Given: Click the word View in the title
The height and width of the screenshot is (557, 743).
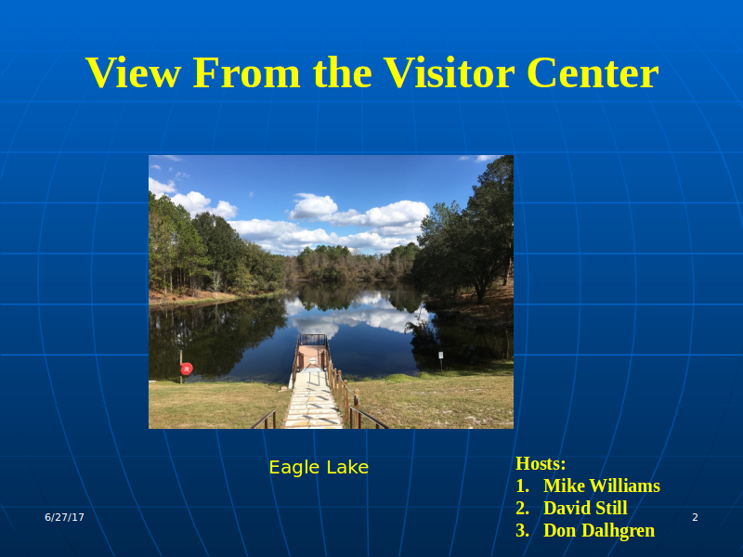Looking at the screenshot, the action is point(133,72).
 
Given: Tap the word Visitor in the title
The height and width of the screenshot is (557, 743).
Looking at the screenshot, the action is point(449,72).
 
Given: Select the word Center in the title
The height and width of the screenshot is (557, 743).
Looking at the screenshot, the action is point(593,73).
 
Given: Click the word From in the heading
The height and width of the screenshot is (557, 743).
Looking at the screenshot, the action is point(246,73).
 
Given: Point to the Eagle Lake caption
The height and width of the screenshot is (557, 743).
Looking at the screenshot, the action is point(319,468).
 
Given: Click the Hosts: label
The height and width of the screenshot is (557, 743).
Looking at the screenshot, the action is point(541,463).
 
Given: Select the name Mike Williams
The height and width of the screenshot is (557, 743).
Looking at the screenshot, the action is point(601,486).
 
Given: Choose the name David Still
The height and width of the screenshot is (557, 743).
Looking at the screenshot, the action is point(585,508).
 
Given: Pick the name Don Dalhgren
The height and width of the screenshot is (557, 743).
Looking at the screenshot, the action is point(599,530).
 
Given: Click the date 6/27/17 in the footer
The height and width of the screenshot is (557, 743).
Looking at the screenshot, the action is point(64,517).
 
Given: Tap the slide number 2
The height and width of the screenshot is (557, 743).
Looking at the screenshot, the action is point(695,517).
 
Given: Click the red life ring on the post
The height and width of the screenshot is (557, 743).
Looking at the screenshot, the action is point(187,369).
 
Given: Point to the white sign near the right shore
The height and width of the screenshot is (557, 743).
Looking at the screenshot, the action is point(440,356).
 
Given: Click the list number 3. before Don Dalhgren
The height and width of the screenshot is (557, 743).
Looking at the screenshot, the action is point(522,530).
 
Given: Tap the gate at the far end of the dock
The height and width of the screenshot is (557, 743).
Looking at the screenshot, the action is point(313,340).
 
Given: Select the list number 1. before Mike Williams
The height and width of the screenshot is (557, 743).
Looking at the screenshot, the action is point(522,486).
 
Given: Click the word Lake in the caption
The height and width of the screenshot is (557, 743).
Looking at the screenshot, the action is point(346,468).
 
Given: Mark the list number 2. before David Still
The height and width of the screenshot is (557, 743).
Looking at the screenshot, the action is point(522,508).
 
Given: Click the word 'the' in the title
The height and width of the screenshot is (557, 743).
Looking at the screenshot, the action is point(342,73).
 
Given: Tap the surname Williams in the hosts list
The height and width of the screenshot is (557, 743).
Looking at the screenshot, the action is point(624,486).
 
